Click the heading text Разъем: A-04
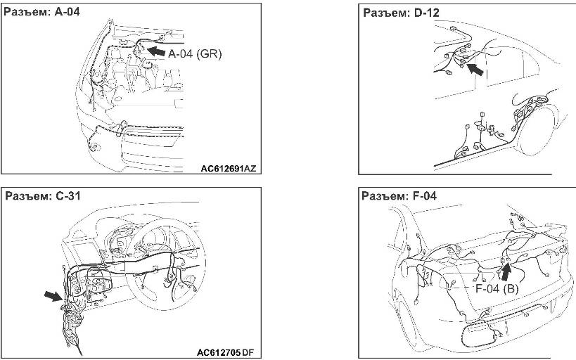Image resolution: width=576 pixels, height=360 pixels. pyautogui.click(x=41, y=12)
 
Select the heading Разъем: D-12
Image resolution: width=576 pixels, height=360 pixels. pyautogui.click(x=401, y=13)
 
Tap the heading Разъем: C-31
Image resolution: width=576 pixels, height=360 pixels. pyautogui.click(x=43, y=195)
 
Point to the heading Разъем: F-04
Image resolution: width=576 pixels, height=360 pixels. pyautogui.click(x=399, y=195)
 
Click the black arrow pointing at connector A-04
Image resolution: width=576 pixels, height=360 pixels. pyautogui.click(x=156, y=51)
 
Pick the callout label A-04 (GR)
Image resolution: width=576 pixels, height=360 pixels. pyautogui.click(x=195, y=54)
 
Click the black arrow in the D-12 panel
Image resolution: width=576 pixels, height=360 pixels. pyautogui.click(x=475, y=69)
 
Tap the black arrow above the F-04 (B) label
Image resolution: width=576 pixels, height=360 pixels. pyautogui.click(x=507, y=272)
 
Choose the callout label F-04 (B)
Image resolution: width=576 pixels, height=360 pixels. pyautogui.click(x=497, y=288)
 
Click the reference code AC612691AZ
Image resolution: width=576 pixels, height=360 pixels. pyautogui.click(x=228, y=169)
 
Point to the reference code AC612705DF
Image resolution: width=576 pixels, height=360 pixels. pyautogui.click(x=225, y=353)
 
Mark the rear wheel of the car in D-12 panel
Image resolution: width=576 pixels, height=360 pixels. pyautogui.click(x=537, y=129)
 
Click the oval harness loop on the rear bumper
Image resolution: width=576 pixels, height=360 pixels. pyautogui.click(x=478, y=333)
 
